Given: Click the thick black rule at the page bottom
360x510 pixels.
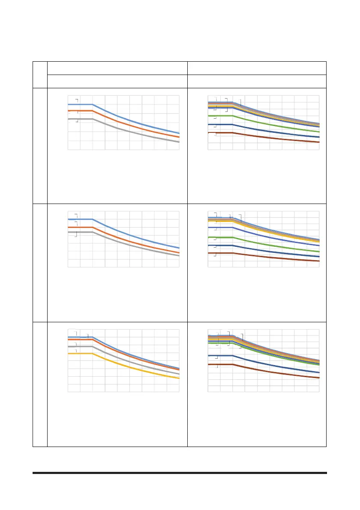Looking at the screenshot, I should pos(180,473).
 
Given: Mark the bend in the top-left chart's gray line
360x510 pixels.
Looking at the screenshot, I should pos(93,119).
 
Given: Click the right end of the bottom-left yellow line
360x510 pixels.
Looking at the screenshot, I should pos(179,378).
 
